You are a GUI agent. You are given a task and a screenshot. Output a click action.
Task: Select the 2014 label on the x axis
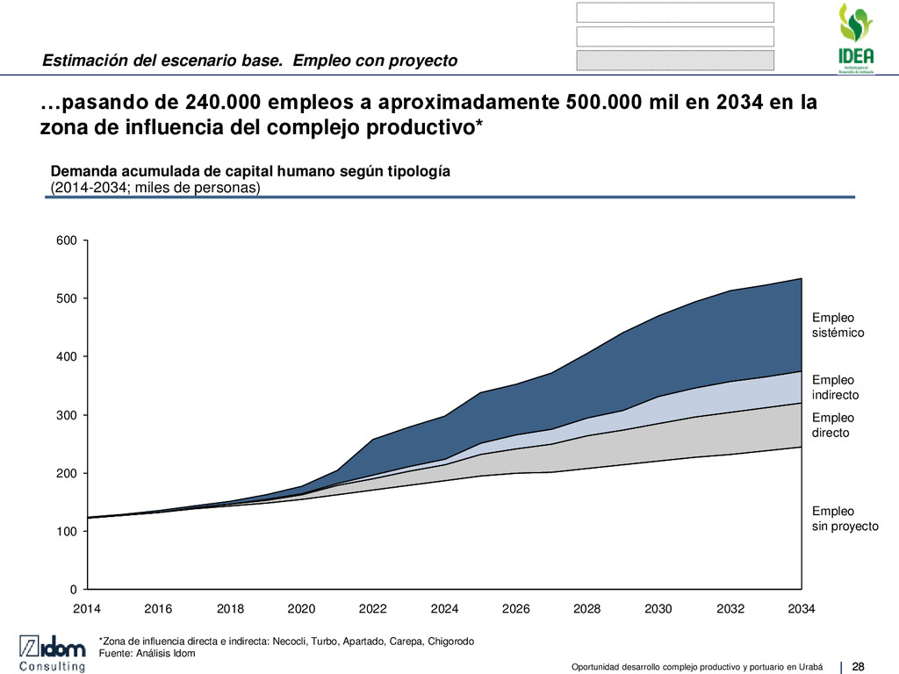coord(87,609)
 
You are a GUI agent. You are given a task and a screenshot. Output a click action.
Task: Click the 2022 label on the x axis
coord(373,609)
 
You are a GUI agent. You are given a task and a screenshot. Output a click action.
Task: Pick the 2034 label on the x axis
coord(802,609)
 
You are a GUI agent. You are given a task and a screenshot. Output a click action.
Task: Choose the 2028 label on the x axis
coord(587,609)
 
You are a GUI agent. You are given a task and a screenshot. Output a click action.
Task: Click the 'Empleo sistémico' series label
coord(838,326)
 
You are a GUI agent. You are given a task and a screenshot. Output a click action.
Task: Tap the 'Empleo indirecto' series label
coord(835,388)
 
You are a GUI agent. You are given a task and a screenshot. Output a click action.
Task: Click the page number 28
coord(859,663)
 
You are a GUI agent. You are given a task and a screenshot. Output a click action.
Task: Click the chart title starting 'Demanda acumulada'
coord(250,171)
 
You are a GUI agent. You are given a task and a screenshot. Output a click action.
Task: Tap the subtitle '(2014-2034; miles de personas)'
coord(155,187)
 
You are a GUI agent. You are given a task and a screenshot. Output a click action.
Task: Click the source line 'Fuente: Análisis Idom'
coord(147,653)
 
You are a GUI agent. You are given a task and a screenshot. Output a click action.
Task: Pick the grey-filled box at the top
coord(675,60)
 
